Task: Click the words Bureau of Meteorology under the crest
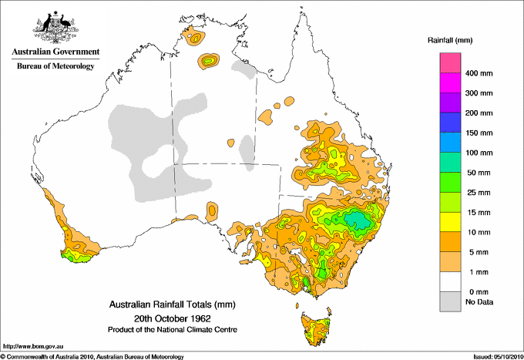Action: [x=55, y=66]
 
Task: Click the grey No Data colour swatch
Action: [x=451, y=302]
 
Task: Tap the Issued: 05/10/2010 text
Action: [x=496, y=356]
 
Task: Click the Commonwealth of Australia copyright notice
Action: [x=92, y=356]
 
